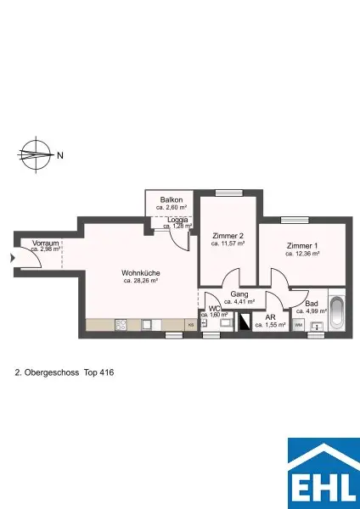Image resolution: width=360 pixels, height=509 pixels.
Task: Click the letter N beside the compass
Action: pyautogui.click(x=59, y=155)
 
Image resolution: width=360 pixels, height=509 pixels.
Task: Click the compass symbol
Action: pyautogui.click(x=34, y=155)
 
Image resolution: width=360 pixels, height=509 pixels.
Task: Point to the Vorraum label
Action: pyautogui.click(x=45, y=243)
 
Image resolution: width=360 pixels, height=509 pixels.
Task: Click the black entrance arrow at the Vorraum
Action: pyautogui.click(x=11, y=260)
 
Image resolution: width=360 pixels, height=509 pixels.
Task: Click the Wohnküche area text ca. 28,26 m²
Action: pyautogui.click(x=142, y=281)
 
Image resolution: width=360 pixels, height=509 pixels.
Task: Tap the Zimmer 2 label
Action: pyautogui.click(x=228, y=235)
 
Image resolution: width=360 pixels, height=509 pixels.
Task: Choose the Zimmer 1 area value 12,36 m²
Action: pyautogui.click(x=302, y=254)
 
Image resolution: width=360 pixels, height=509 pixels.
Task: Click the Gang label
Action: pyautogui.click(x=239, y=294)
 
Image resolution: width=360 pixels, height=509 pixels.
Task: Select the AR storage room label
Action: pyautogui.click(x=270, y=317)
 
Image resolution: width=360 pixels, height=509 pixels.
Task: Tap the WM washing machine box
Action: pyautogui.click(x=299, y=325)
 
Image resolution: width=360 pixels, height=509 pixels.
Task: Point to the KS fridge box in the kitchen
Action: pyautogui.click(x=190, y=325)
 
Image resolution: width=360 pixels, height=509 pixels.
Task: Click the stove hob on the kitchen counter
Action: pyautogui.click(x=120, y=325)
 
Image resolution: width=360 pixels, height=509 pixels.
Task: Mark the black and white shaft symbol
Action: pyautogui.click(x=245, y=322)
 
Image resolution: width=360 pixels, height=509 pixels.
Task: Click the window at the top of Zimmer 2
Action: pyautogui.click(x=228, y=193)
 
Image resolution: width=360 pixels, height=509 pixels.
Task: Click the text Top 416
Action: pyautogui.click(x=98, y=372)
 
